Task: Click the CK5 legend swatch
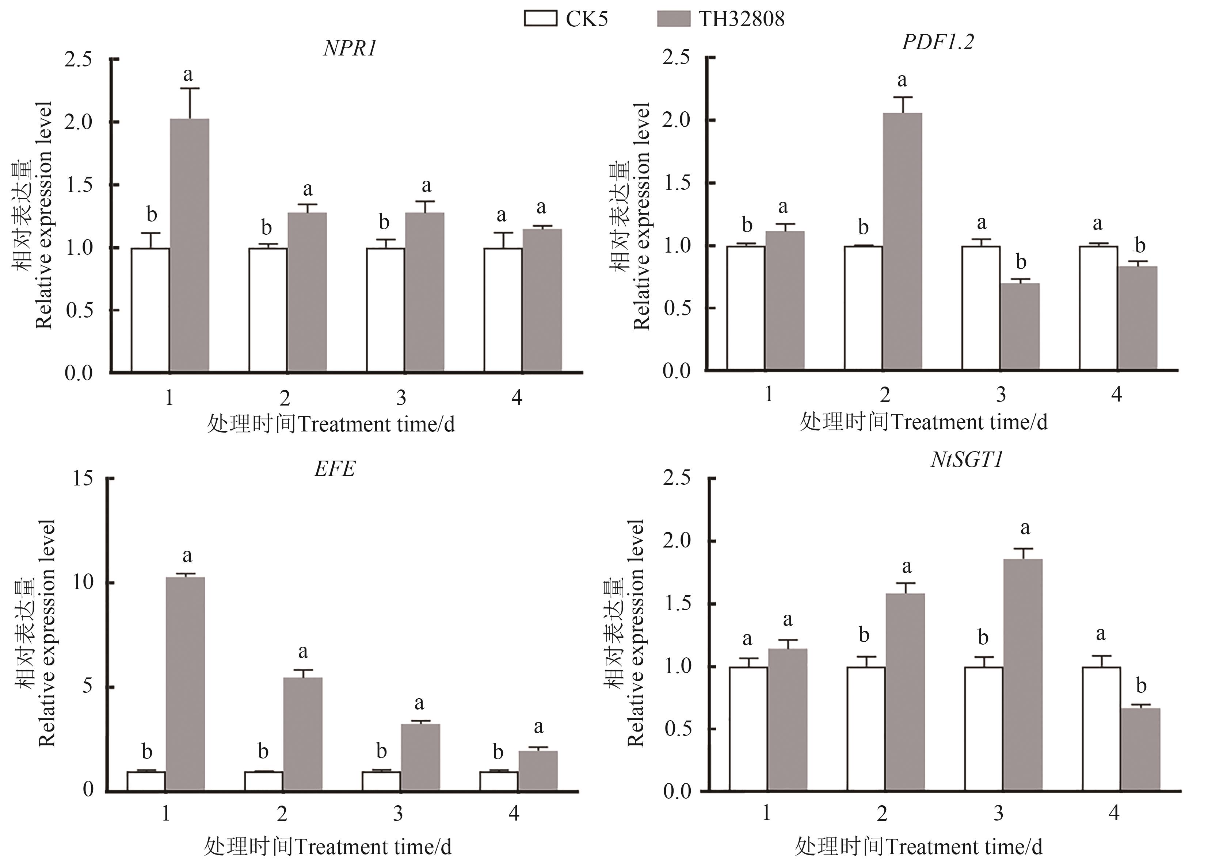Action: (x=541, y=18)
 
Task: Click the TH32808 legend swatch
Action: (x=674, y=18)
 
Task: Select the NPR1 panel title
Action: (x=350, y=49)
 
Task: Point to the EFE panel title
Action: (x=335, y=469)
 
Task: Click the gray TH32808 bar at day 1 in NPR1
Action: (x=189, y=245)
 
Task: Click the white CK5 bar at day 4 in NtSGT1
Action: (x=1101, y=729)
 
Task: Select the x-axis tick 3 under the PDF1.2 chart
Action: (x=1001, y=394)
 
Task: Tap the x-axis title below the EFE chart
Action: (x=328, y=846)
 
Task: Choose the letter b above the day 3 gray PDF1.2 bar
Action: (x=1021, y=261)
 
